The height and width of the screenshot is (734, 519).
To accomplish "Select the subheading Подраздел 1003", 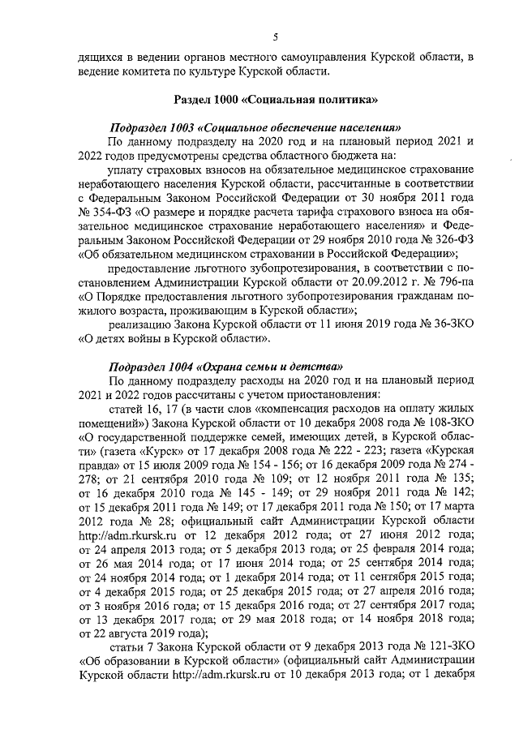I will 153,128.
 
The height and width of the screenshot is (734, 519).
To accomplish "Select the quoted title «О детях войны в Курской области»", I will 174,338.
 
